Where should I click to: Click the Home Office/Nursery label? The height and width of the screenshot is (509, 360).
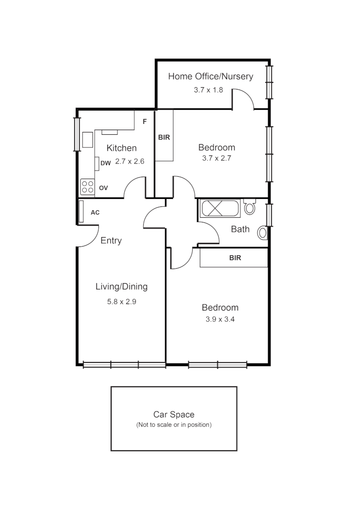211,76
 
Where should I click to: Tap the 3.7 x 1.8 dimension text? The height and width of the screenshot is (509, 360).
208,90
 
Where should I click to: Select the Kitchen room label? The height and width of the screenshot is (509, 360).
122,148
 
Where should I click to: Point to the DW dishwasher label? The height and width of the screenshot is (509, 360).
106,164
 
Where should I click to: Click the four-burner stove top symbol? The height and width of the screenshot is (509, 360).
87,187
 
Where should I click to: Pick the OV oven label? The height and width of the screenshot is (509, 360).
103,188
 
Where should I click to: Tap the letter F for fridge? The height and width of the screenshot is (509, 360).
145,122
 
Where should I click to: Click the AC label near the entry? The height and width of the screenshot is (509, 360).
95,213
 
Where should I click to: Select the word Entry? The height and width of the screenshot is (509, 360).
111,241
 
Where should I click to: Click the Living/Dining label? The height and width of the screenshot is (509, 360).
122,287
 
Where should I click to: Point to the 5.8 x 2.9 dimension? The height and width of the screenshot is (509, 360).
122,302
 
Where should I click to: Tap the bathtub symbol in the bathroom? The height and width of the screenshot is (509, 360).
221,208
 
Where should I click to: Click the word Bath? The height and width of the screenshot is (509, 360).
240,230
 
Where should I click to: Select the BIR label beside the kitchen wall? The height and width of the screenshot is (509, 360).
164,138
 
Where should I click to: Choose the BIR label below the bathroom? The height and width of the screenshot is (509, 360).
235,258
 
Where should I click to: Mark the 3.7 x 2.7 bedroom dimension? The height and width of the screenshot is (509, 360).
217,158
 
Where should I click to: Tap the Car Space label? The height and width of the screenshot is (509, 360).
174,415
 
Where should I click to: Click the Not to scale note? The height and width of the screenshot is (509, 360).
174,425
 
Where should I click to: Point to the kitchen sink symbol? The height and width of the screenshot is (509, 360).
88,140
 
